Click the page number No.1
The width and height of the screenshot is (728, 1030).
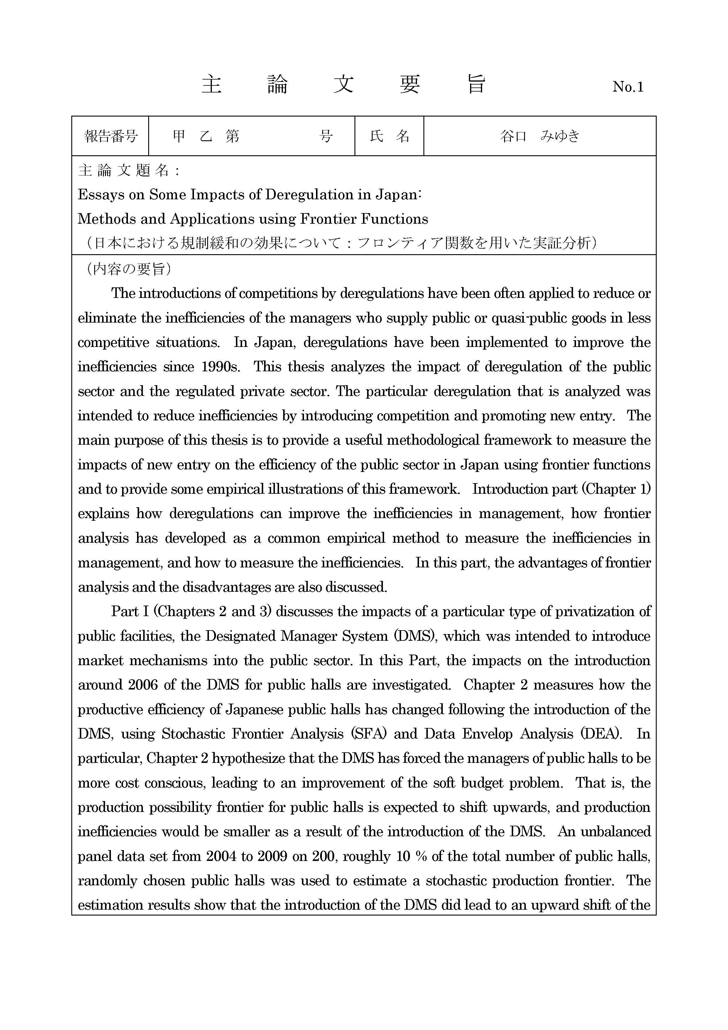pyautogui.click(x=628, y=87)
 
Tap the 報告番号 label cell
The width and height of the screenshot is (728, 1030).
pyautogui.click(x=110, y=136)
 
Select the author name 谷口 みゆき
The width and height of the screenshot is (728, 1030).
pyautogui.click(x=540, y=136)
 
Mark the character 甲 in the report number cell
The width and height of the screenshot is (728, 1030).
pyautogui.click(x=179, y=136)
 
